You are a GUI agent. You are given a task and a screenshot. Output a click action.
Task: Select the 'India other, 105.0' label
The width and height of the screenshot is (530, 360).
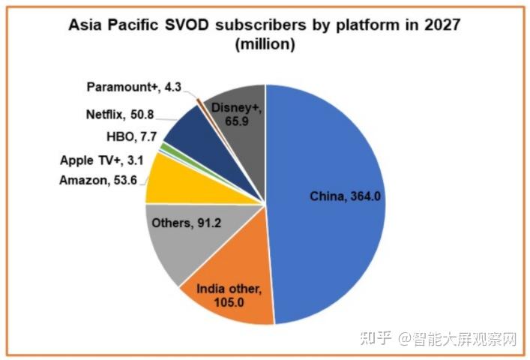click(230, 295)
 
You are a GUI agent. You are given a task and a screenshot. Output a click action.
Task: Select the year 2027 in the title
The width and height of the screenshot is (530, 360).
click(439, 25)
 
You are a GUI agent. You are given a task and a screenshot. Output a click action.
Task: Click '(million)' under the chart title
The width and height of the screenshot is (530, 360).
click(265, 43)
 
